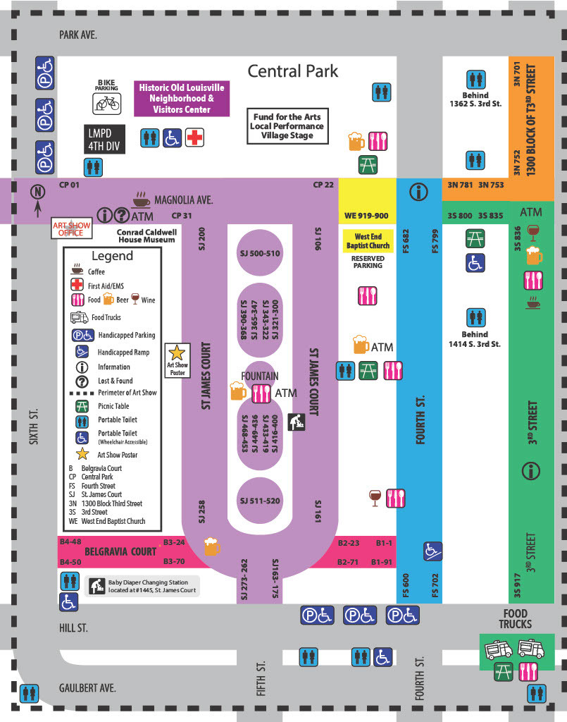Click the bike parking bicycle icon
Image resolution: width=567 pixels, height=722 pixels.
coord(108,104)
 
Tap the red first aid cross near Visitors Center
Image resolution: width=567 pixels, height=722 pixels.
coord(194,137)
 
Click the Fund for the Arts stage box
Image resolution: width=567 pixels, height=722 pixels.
coord(287,126)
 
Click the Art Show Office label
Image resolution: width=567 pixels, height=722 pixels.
coord(70,228)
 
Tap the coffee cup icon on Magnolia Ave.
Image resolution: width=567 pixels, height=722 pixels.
coord(141,198)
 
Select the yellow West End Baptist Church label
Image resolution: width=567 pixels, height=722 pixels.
coord(368,241)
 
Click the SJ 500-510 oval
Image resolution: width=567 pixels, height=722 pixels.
coord(260,253)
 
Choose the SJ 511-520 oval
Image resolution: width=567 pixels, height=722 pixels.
coord(260,501)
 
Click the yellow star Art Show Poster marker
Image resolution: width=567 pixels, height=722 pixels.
coord(177,353)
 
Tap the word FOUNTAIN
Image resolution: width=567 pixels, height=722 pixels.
coord(260,377)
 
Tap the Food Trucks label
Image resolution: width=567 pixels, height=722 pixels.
coord(515,619)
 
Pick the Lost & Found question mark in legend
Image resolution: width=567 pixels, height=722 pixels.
coord(82,381)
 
